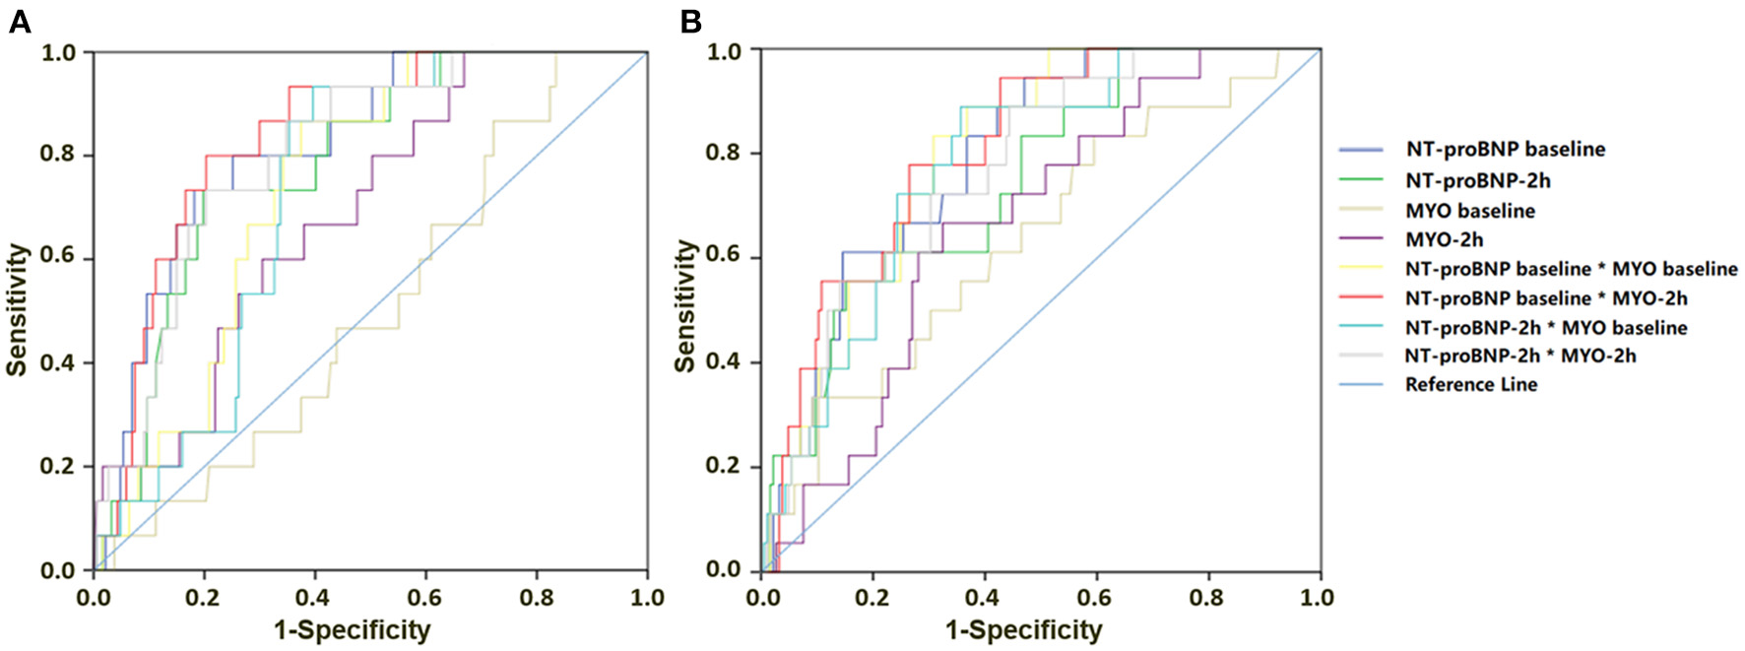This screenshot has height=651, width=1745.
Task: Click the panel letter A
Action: coord(19,22)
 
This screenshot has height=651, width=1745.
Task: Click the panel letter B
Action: coord(691,22)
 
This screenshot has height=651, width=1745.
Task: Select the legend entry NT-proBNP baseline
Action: coord(1505,150)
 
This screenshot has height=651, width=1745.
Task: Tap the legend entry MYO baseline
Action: coord(1469,211)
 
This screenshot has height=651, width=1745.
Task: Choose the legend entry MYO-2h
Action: coord(1444,239)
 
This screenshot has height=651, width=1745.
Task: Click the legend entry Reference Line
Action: coord(1470,385)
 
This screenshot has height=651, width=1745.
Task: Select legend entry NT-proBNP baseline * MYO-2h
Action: coord(1546,298)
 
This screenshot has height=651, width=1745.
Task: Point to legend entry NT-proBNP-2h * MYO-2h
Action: coord(1520,356)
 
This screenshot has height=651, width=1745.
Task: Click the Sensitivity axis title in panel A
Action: coord(17,310)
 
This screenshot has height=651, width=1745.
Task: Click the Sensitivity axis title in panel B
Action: coord(686,306)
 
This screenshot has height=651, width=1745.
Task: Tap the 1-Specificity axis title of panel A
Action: coord(352,630)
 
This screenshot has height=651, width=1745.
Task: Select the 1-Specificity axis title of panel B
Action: coord(1023,630)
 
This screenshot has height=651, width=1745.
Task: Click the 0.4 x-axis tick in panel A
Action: coord(314,597)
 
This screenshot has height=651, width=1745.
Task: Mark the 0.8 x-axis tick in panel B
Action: coord(1207,597)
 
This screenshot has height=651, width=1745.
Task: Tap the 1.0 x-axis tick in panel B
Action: coord(1318,597)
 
